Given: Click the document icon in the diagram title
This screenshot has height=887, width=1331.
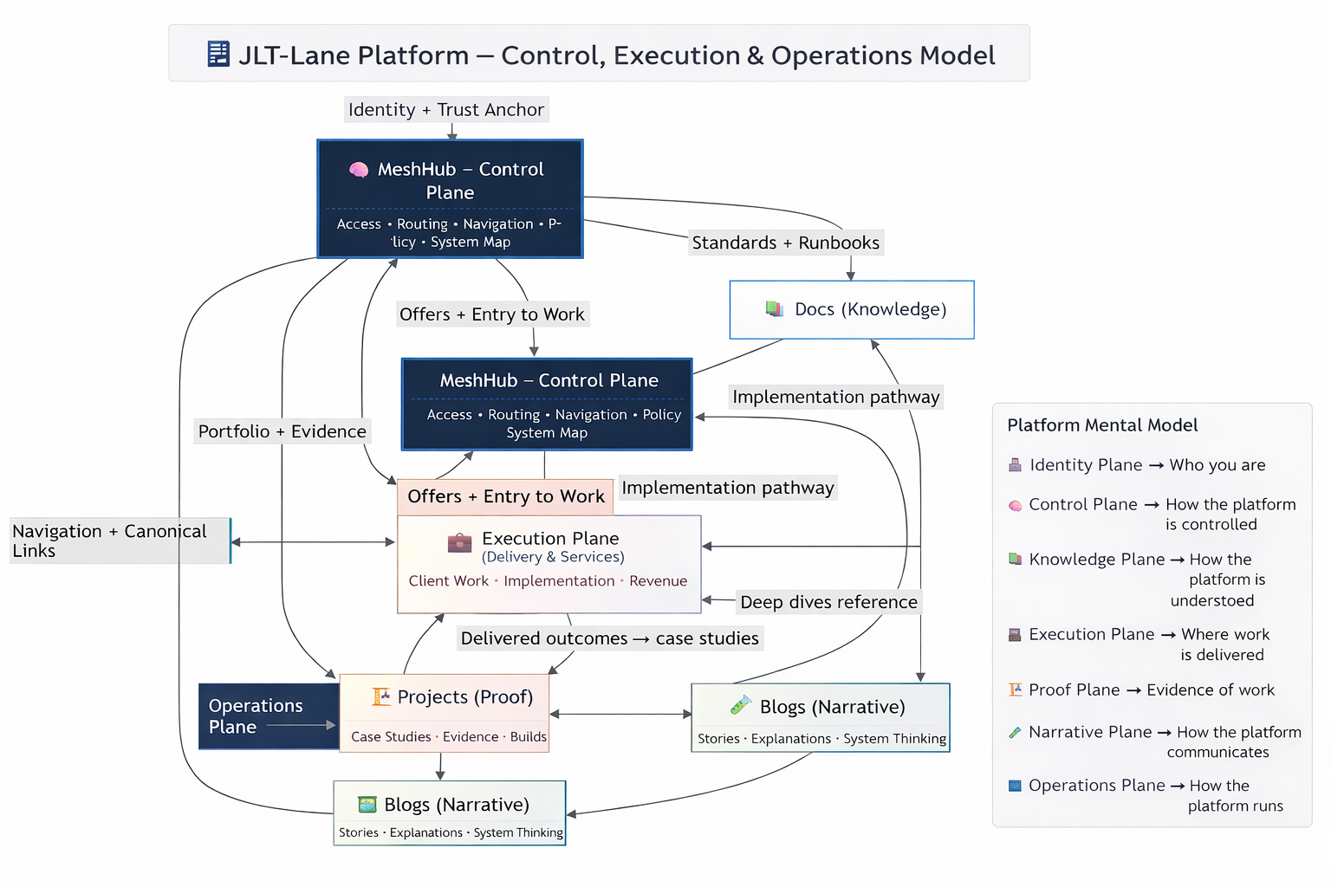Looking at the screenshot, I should (x=218, y=54).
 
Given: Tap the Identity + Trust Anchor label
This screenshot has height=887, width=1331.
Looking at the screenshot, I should (x=446, y=110).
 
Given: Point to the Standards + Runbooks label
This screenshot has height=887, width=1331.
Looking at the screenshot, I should (x=785, y=243).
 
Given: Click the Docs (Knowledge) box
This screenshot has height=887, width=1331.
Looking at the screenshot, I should (x=852, y=309).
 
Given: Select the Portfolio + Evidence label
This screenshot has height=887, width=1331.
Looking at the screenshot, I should (x=282, y=431).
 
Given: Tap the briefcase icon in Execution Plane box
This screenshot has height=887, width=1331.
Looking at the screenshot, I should (x=459, y=543).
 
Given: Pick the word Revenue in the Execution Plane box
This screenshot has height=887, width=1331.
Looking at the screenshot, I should (x=658, y=581).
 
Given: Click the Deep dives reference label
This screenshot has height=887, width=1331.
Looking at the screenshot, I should (x=828, y=602).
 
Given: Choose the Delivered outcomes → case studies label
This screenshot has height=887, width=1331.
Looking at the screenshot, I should (x=609, y=638).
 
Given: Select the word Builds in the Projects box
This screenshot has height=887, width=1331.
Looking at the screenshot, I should (x=528, y=737).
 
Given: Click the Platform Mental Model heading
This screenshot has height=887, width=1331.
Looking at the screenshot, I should (x=1102, y=425).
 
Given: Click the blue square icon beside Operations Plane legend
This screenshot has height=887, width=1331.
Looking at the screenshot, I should (x=1015, y=786).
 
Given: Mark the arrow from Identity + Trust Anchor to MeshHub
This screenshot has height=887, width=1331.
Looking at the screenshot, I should (x=452, y=131).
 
